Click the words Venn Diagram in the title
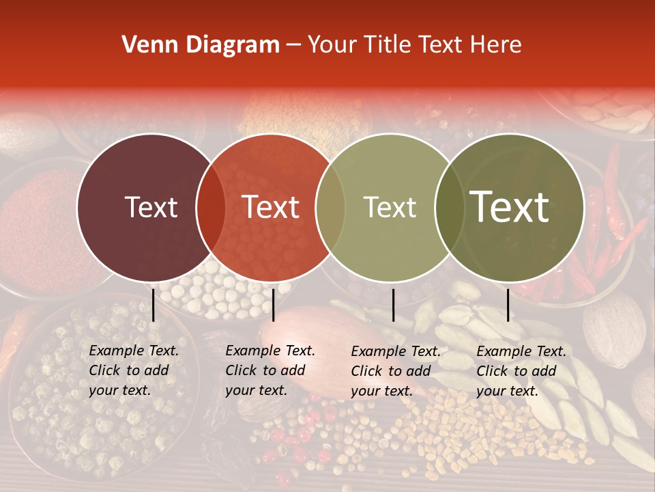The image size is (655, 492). click(201, 45)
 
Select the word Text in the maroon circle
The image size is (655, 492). click(151, 207)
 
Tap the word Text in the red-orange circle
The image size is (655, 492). click(271, 207)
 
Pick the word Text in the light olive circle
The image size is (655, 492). click(390, 207)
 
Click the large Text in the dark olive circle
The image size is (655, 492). click(510, 207)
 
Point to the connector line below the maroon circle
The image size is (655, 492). click(154, 305)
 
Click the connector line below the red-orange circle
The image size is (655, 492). click(273, 305)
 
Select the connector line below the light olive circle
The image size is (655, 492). click(394, 305)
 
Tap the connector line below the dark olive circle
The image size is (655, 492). click(508, 305)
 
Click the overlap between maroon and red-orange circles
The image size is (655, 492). click(211, 207)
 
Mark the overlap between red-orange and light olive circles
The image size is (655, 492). click(330, 207)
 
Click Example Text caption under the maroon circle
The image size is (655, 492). click(134, 351)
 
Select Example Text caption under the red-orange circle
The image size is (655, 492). click(270, 351)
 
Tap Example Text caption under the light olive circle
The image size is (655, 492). click(396, 351)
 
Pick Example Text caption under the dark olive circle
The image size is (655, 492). click(521, 351)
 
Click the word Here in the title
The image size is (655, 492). click(497, 45)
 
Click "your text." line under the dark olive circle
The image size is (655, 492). click(508, 391)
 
